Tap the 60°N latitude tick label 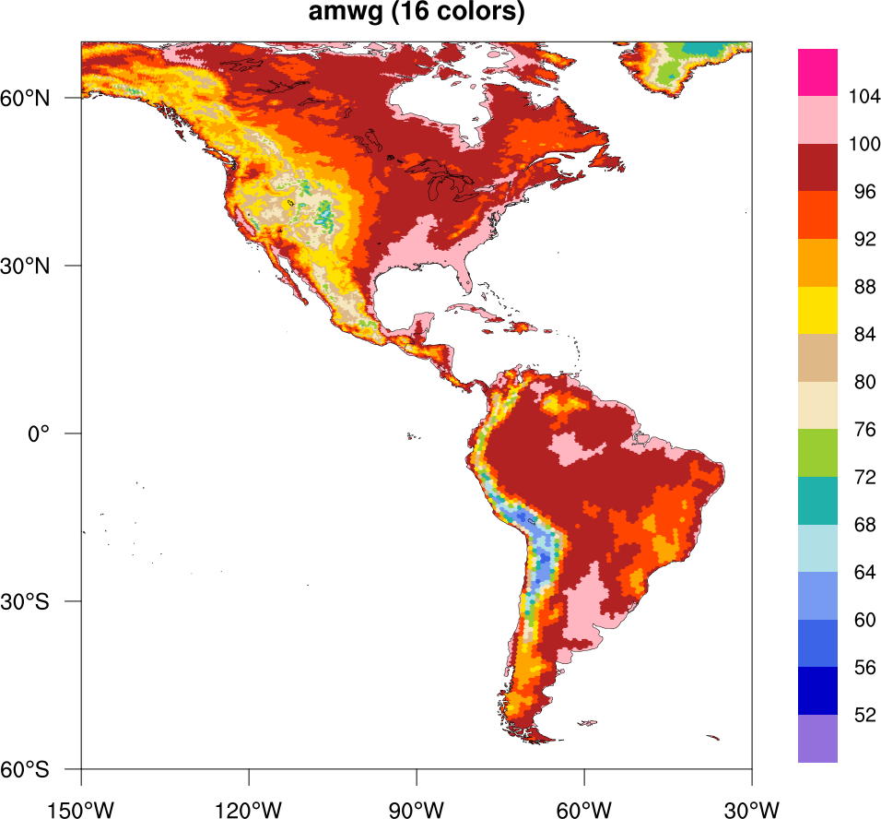tap(42, 98)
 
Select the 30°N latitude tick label tap(42, 266)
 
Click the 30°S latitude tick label tap(42, 601)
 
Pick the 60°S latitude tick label tap(42, 769)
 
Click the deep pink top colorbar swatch tap(817, 72)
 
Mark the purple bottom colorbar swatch tap(817, 738)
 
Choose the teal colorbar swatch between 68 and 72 tap(817, 500)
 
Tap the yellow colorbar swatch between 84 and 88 tap(817, 310)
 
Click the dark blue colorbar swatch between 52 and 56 tap(817, 690)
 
